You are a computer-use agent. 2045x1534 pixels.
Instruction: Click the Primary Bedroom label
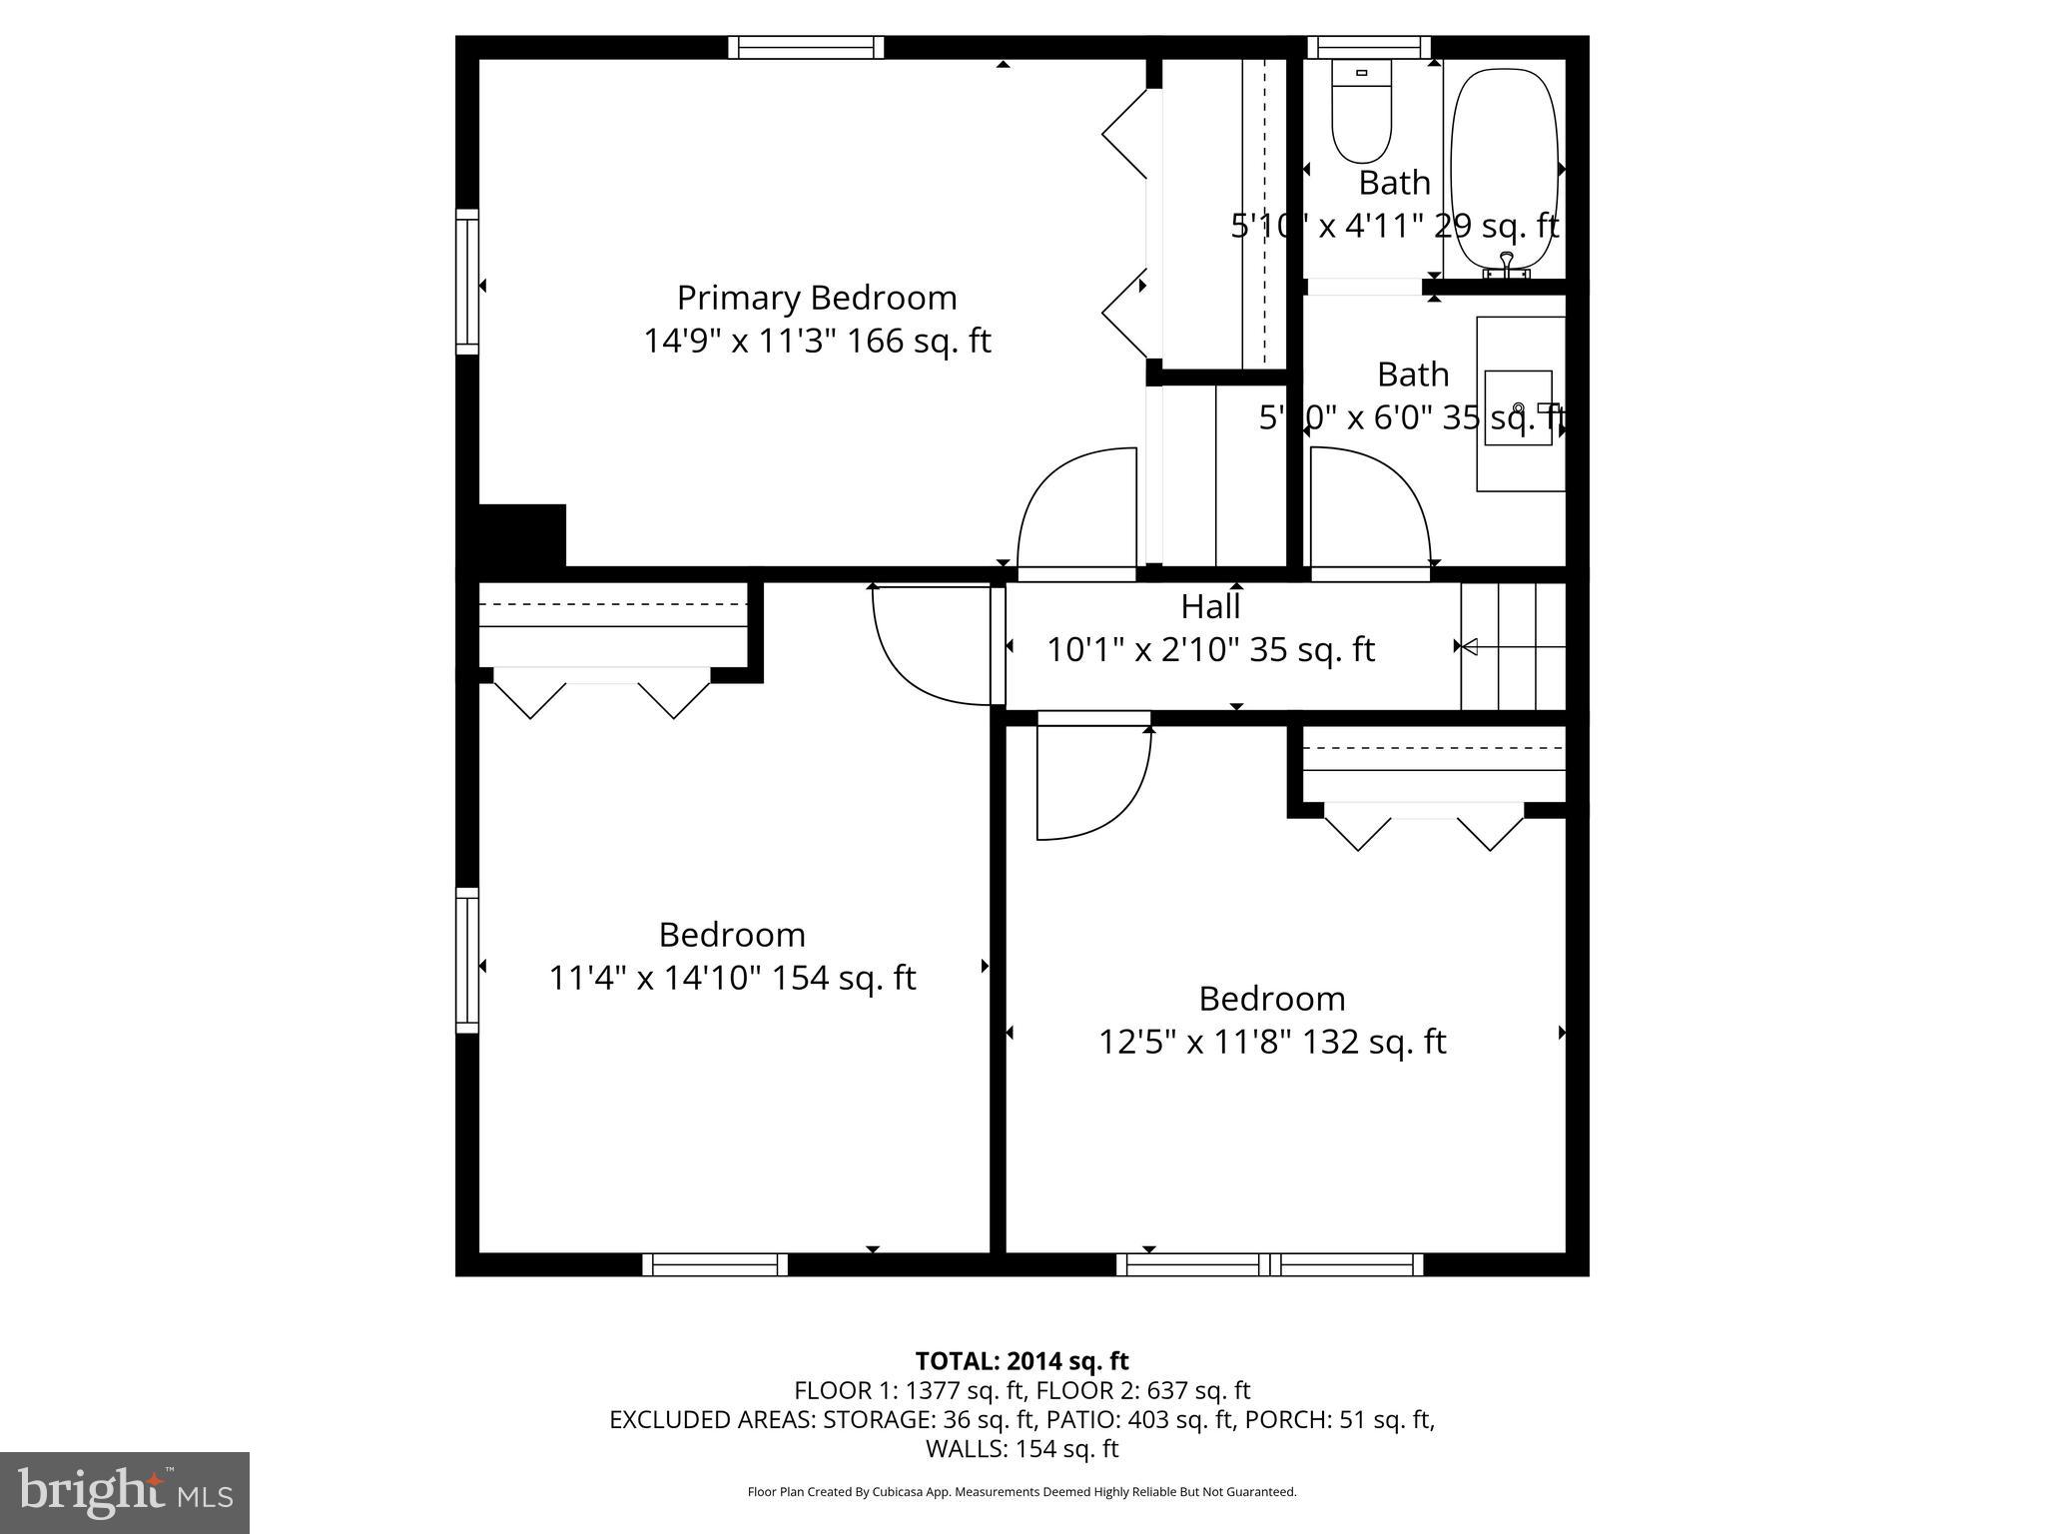[x=816, y=298]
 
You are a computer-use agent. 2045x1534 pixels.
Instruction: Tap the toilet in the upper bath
[x=1362, y=112]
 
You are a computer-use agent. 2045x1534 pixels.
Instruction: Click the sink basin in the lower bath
[x=1518, y=407]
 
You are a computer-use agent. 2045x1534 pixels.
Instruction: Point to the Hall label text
[x=1210, y=606]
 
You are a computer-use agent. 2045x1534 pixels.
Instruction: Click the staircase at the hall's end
[x=1513, y=647]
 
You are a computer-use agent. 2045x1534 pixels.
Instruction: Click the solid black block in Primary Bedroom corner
[x=522, y=536]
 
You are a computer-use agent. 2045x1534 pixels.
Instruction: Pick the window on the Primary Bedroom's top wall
[x=806, y=47]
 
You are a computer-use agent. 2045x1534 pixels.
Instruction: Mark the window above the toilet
[x=1368, y=47]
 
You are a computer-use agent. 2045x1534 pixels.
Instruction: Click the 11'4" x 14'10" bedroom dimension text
[x=732, y=978]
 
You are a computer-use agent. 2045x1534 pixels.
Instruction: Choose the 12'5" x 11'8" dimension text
[x=1272, y=1042]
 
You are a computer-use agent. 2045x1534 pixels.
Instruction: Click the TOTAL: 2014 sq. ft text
[x=1022, y=1361]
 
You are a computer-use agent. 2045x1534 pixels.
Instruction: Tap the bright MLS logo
[x=125, y=1493]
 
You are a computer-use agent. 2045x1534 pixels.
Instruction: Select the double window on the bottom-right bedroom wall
[x=1269, y=1264]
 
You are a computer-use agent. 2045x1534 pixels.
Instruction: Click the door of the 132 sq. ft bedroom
[x=1093, y=779]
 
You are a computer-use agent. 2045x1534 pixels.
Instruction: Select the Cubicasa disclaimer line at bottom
[x=1022, y=1492]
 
